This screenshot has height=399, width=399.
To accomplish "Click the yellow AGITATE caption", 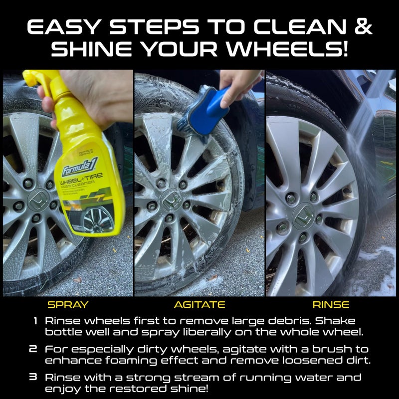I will tap(199, 304).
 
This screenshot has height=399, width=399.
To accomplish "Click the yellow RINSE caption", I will tap(331, 304).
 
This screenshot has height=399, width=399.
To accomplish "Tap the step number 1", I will tap(35, 321).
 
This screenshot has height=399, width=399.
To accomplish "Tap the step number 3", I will tap(33, 377).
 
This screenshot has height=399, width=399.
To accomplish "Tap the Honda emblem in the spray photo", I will tap(36, 202).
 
